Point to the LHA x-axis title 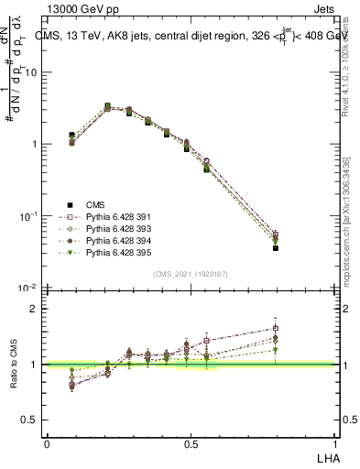[326, 457]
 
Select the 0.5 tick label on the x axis [191, 443]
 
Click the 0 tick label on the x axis [47, 443]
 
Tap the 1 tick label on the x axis [335, 443]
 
